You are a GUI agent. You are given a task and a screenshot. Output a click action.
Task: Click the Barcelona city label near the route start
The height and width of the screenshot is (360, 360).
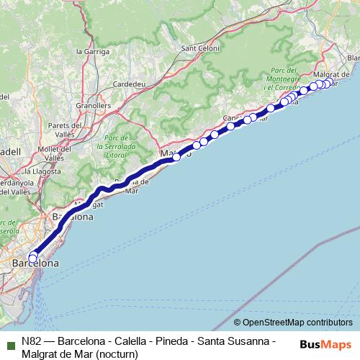tap(35, 264)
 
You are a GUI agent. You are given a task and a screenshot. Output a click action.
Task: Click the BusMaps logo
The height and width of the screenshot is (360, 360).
tap(325, 343)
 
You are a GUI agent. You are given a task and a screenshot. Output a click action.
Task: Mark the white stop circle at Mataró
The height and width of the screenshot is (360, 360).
tap(176, 156)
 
